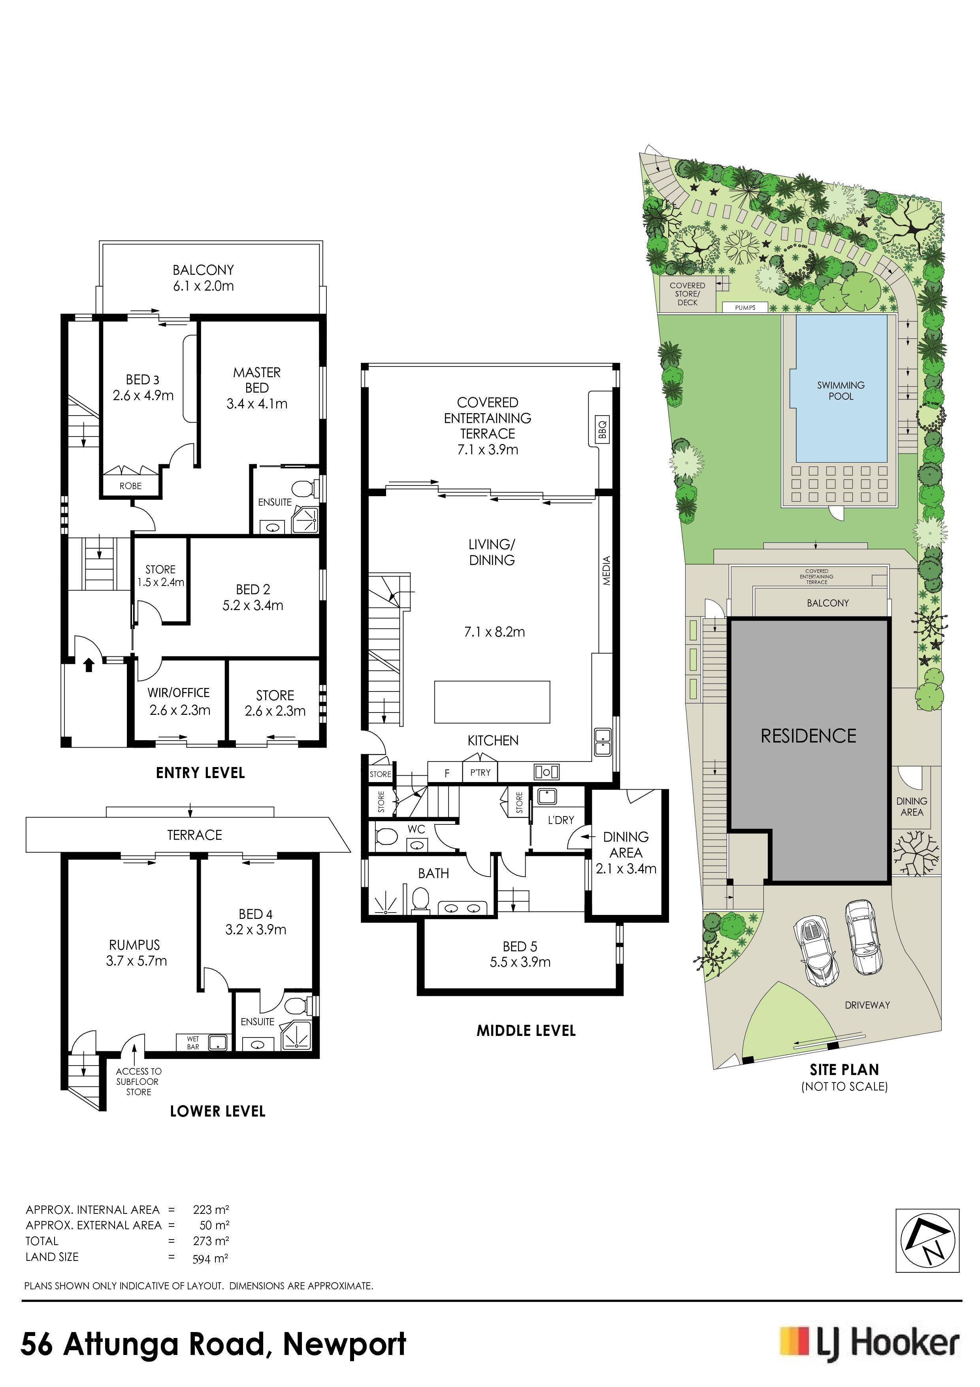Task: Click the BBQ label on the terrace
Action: (602, 429)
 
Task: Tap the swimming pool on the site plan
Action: (841, 389)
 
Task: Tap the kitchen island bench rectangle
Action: (492, 701)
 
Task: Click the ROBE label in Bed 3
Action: (130, 486)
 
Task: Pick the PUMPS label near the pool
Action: (745, 308)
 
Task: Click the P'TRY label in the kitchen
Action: (481, 772)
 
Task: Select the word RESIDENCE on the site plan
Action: (808, 736)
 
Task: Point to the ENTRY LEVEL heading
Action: (200, 773)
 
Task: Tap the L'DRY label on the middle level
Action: (561, 820)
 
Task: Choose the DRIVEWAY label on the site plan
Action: (868, 1005)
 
